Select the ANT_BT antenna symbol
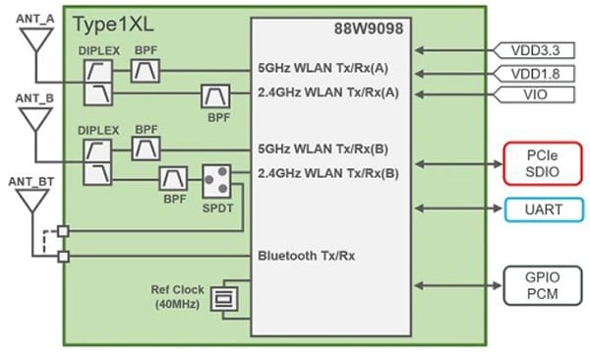point(35,201)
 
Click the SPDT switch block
point(215,179)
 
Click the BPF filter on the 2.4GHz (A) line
point(215,94)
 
